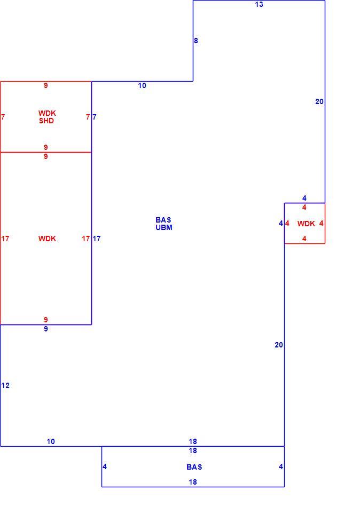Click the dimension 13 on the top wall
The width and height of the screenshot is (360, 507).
[x=259, y=4]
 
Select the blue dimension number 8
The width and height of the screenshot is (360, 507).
[x=196, y=41]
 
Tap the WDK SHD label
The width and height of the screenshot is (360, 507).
[x=47, y=117]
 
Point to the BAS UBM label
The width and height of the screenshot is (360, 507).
[x=164, y=224]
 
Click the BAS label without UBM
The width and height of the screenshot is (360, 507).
[x=194, y=467]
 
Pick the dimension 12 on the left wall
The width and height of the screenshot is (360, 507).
[x=5, y=385]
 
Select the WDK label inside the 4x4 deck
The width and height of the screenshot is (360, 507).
[x=306, y=224]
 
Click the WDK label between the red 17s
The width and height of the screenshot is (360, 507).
[x=47, y=239]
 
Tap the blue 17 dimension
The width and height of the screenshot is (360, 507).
[x=97, y=239]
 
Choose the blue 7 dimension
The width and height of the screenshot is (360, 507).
[x=95, y=117]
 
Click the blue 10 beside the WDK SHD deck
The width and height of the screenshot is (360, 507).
[x=142, y=86]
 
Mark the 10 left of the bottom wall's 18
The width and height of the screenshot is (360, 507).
[x=51, y=442]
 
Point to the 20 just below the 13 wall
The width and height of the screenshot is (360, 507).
[x=319, y=102]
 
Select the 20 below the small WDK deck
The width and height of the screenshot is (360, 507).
[x=279, y=345]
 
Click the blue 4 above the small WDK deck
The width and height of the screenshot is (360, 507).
[x=304, y=198]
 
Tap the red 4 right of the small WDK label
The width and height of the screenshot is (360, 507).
[x=321, y=224]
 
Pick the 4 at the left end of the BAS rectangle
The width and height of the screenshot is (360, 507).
[x=105, y=466]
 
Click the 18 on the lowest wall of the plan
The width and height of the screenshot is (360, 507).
[x=193, y=482]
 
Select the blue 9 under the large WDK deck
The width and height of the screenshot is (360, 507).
[x=46, y=329]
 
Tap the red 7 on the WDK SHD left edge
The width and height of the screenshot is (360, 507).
[x=3, y=117]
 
